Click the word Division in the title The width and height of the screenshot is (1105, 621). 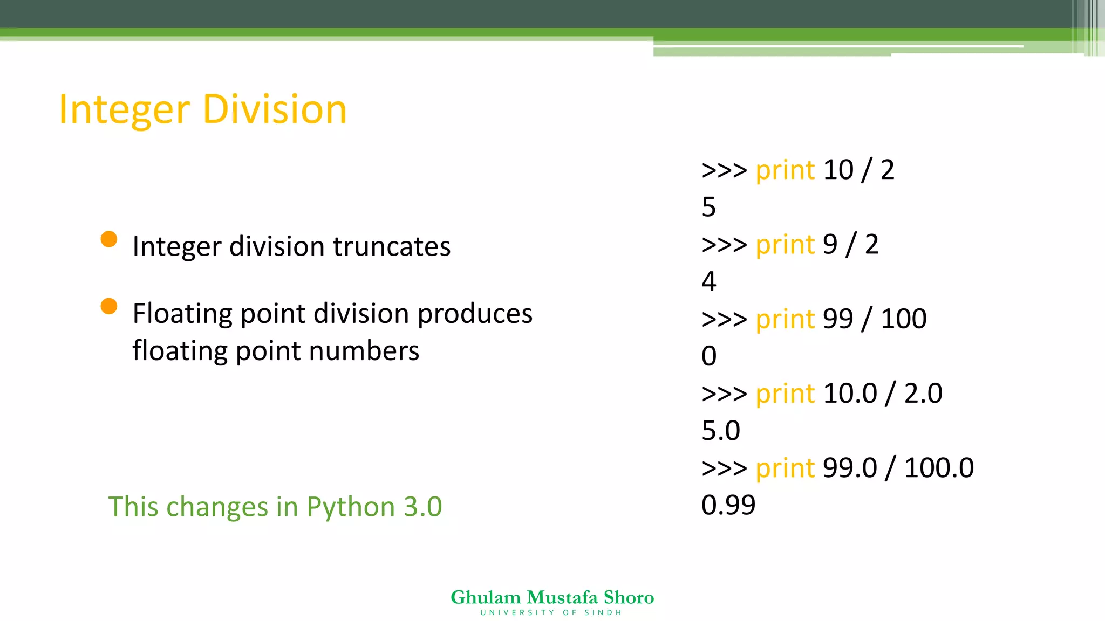(275, 109)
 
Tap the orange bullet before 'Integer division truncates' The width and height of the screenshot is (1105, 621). (109, 239)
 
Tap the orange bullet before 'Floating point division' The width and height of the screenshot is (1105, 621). (109, 306)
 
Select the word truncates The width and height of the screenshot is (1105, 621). (391, 246)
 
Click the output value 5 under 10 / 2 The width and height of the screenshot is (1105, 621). (709, 207)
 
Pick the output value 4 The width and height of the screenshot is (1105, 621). (709, 281)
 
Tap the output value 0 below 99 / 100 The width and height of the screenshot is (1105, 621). (709, 356)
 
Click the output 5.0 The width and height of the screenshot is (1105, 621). (721, 431)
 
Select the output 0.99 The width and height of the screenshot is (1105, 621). (728, 505)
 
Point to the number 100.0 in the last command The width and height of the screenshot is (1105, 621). (939, 467)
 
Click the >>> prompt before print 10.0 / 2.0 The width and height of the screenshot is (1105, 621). (724, 394)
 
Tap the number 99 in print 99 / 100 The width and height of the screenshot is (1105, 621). (838, 319)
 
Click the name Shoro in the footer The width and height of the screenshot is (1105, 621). (629, 597)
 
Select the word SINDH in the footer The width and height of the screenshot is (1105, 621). (603, 613)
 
